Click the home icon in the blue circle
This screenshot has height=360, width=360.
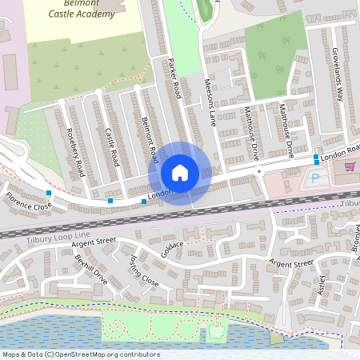click(180, 172)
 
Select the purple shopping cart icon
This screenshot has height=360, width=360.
click(349, 166)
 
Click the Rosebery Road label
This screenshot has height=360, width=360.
click(76, 152)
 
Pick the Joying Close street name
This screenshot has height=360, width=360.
click(144, 271)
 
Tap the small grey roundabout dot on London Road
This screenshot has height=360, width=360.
click(259, 170)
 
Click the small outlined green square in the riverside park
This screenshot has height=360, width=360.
click(214, 331)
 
